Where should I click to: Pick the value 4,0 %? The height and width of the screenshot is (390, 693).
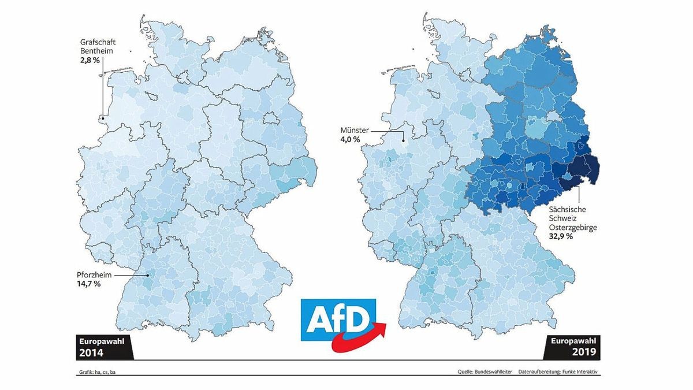[350, 140]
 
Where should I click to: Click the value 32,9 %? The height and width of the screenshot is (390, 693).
[560, 237]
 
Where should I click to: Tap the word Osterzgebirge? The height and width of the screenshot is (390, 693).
[572, 228]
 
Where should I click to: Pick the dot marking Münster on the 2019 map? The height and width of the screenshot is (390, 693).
[403, 139]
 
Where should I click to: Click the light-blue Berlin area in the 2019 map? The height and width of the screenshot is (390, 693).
[554, 118]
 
